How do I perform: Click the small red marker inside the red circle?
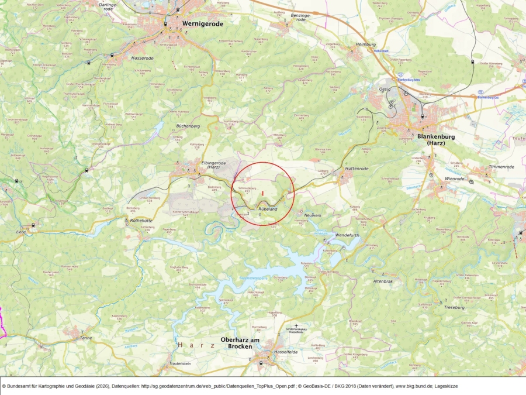tap(263, 192)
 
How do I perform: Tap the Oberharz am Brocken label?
tap(237, 343)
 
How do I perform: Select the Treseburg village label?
tap(454, 307)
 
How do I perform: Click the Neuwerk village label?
tap(313, 215)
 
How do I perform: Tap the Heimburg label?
tap(365, 44)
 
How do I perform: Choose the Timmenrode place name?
tap(500, 167)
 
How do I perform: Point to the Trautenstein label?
tap(180, 364)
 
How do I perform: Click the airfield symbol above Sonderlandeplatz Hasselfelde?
tap(296, 325)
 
